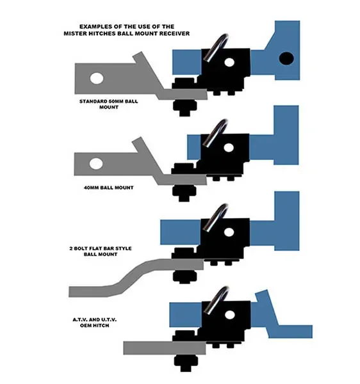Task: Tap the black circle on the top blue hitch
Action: point(286,58)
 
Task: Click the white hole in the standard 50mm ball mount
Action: point(97,78)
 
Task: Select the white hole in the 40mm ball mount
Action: point(96,164)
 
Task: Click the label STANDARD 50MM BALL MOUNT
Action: point(108,104)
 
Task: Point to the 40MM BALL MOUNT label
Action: point(108,188)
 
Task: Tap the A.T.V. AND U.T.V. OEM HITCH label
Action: point(95,323)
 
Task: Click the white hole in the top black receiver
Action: point(229,62)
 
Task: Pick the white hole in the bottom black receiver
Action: point(229,315)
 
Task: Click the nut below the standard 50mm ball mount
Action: point(184,108)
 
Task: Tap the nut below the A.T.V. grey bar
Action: point(186,363)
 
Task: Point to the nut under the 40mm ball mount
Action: point(184,193)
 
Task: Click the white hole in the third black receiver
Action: point(229,232)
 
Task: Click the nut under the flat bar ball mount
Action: point(184,276)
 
